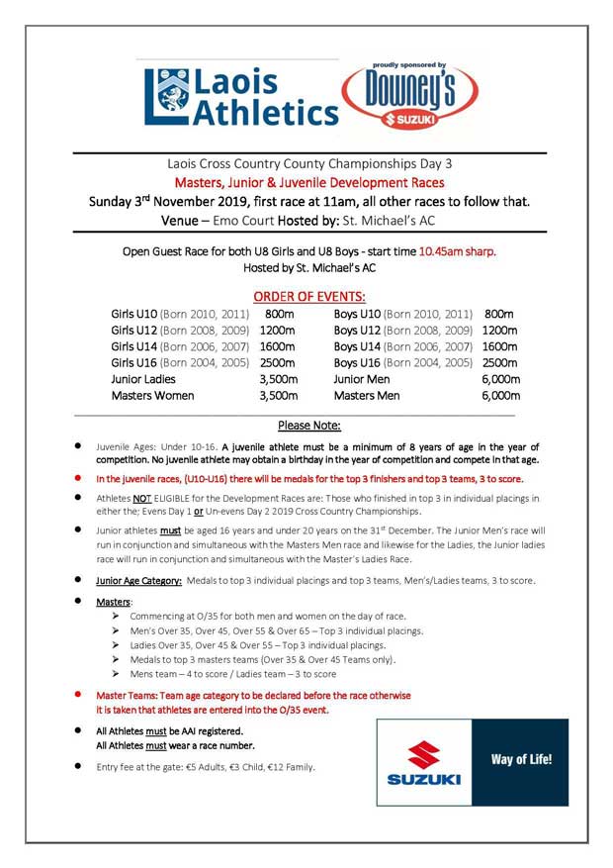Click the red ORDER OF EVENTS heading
coord(309,296)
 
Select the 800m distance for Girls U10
coord(280,314)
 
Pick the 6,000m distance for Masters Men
coord(500,396)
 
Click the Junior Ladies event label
coord(143,379)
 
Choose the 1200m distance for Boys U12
coord(499,330)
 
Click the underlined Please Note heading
coord(309,426)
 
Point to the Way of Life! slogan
coord(521,760)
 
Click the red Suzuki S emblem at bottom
coord(423,755)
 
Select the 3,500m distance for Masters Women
coord(278,396)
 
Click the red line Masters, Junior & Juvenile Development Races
coord(309,183)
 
